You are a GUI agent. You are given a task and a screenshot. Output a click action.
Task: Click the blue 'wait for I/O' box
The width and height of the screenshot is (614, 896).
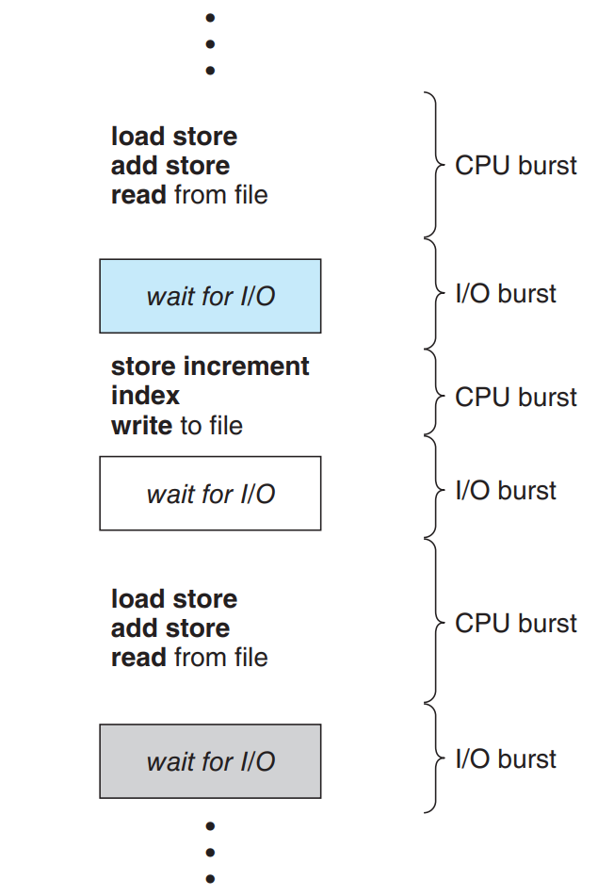tap(210, 296)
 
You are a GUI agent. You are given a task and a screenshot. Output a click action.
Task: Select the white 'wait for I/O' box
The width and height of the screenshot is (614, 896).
tap(210, 493)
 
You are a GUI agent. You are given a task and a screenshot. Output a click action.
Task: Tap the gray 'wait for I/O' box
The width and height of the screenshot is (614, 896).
tap(210, 761)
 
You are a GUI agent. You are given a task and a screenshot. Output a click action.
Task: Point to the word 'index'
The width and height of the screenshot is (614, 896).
tap(145, 396)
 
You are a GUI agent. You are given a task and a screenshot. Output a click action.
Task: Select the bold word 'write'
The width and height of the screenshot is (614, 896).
tap(142, 425)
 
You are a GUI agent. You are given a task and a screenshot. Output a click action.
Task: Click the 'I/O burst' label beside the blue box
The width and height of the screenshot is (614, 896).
tap(506, 294)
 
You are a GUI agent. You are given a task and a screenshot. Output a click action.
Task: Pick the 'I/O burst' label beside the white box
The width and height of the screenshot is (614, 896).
tap(506, 491)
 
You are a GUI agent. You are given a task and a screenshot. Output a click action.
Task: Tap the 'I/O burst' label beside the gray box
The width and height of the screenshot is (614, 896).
tap(506, 759)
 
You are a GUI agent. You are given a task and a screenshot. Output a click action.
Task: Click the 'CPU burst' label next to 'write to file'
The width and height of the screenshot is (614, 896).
tap(515, 398)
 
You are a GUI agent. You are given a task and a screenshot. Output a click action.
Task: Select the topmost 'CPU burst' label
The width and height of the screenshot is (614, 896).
tap(515, 166)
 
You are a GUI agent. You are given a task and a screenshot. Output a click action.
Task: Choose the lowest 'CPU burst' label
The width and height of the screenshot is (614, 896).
tap(515, 624)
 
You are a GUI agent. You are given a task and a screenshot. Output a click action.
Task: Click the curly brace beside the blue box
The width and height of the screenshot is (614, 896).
tap(434, 294)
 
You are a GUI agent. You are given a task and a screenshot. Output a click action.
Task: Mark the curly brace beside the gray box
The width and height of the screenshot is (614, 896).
tap(434, 759)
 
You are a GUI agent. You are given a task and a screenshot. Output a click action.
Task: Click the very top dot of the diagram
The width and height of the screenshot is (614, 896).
tap(210, 18)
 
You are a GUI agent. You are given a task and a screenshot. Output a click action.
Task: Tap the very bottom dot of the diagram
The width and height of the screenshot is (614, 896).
tap(210, 878)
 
